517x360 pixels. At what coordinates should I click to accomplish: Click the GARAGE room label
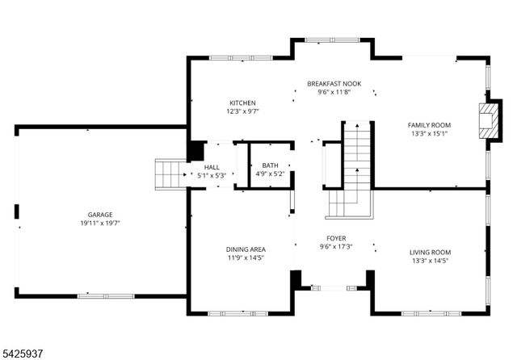click(x=100, y=214)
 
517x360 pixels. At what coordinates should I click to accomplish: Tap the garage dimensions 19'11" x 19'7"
click(x=100, y=223)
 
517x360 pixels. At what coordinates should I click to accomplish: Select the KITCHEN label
click(x=242, y=103)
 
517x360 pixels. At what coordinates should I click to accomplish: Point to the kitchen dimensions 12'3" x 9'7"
click(x=242, y=111)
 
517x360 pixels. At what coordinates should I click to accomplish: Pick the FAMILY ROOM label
click(x=429, y=124)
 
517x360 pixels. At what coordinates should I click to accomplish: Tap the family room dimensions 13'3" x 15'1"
click(x=429, y=133)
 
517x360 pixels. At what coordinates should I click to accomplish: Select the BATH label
click(x=270, y=165)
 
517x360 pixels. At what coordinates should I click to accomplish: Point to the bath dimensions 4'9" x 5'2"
click(x=270, y=174)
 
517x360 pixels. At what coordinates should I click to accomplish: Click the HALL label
click(x=212, y=167)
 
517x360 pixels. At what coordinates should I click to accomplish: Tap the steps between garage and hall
click(x=171, y=173)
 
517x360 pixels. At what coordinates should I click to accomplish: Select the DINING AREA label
click(x=246, y=249)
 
